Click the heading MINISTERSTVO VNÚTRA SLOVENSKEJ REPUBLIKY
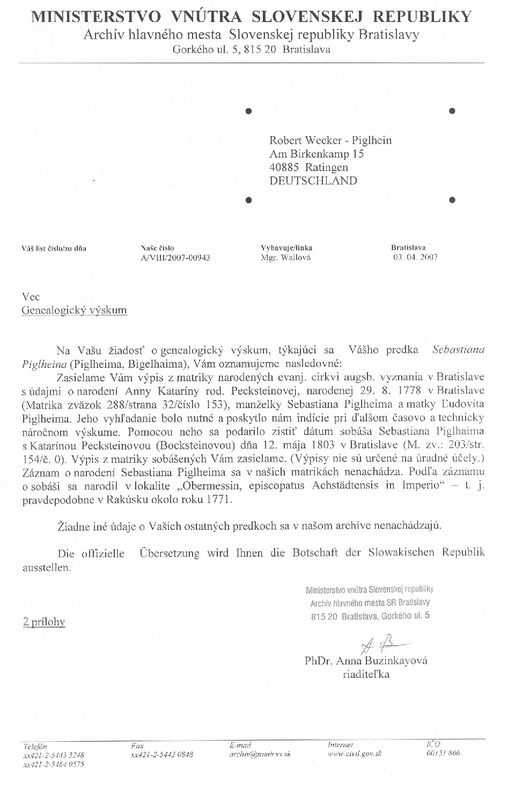click(x=252, y=17)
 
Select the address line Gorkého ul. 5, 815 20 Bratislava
click(x=252, y=50)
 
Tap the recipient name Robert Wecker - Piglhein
click(x=330, y=141)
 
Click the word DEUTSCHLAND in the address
click(x=313, y=181)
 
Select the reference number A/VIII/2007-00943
click(x=175, y=257)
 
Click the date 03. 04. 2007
click(x=416, y=257)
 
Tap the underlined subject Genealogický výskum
click(x=74, y=310)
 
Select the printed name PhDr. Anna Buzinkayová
click(x=366, y=661)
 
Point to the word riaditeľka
click(x=366, y=674)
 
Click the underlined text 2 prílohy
click(x=44, y=622)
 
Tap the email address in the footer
click(x=260, y=754)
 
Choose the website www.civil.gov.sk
click(x=355, y=754)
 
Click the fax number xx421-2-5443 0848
click(x=162, y=755)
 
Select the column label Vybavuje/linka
click(x=286, y=248)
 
